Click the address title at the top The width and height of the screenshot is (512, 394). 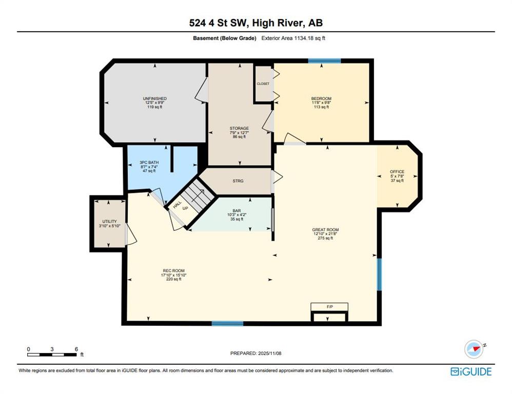coord(255,23)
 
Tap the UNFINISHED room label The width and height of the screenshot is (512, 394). coord(154,103)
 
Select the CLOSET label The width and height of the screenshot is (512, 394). coord(263,84)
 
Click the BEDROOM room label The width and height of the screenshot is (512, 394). coord(321,103)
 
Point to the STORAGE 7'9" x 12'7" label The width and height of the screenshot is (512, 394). coord(239,132)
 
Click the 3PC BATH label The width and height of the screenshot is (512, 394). coord(149,167)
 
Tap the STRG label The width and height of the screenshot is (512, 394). coord(238,181)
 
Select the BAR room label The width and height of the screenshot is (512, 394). coord(237,215)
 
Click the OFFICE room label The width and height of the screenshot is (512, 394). coord(397,176)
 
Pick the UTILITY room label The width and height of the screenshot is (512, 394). coord(109,224)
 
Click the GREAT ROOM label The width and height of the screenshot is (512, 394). coord(325,234)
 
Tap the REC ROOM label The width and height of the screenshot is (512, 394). coord(174,275)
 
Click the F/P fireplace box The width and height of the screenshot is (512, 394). coord(329,307)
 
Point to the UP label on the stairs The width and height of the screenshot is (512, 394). coord(185,208)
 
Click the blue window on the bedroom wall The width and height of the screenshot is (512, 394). coord(325,61)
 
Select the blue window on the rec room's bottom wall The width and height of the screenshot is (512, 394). coord(228,324)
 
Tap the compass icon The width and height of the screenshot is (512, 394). coord(474,349)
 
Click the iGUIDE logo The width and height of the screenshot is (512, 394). coord(471,371)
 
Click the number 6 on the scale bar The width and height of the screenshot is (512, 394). coord(76,349)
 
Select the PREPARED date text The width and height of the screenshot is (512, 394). coord(255,353)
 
